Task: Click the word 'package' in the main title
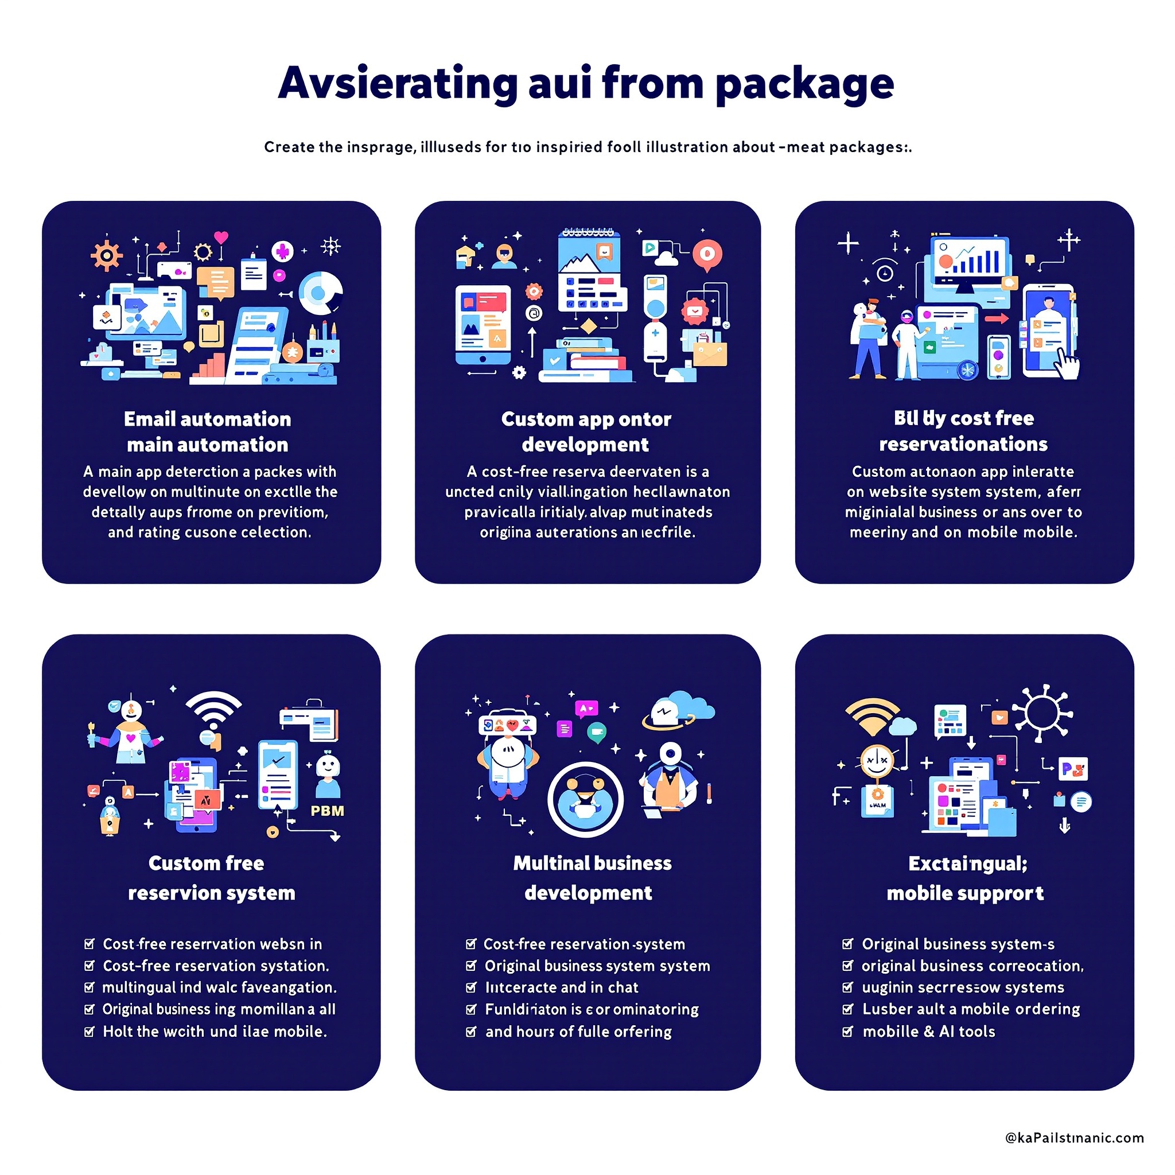[x=804, y=84]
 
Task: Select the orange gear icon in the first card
[x=107, y=255]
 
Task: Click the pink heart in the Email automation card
[x=221, y=236]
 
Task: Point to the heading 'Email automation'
[x=207, y=419]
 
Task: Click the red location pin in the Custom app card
[x=707, y=254]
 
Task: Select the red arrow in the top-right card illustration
[x=996, y=318]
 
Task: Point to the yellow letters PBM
[x=327, y=811]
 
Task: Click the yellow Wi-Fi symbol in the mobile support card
[x=872, y=713]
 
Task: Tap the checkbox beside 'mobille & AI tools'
[x=847, y=1032]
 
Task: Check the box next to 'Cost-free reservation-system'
[x=470, y=944]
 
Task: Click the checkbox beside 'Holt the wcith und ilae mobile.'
[x=90, y=1032]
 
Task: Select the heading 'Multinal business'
[x=592, y=863]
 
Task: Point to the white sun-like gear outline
[x=1042, y=712]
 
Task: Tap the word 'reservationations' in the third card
[x=963, y=444]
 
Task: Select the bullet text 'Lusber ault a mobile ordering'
[x=971, y=1009]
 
